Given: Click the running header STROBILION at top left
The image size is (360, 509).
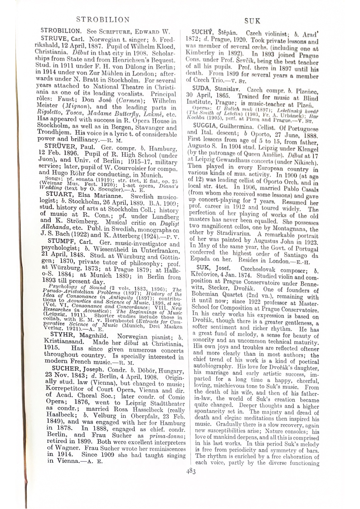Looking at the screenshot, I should (103, 19).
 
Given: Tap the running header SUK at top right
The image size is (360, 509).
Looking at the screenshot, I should (252, 20).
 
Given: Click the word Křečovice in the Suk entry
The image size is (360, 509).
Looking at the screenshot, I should (207, 277).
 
